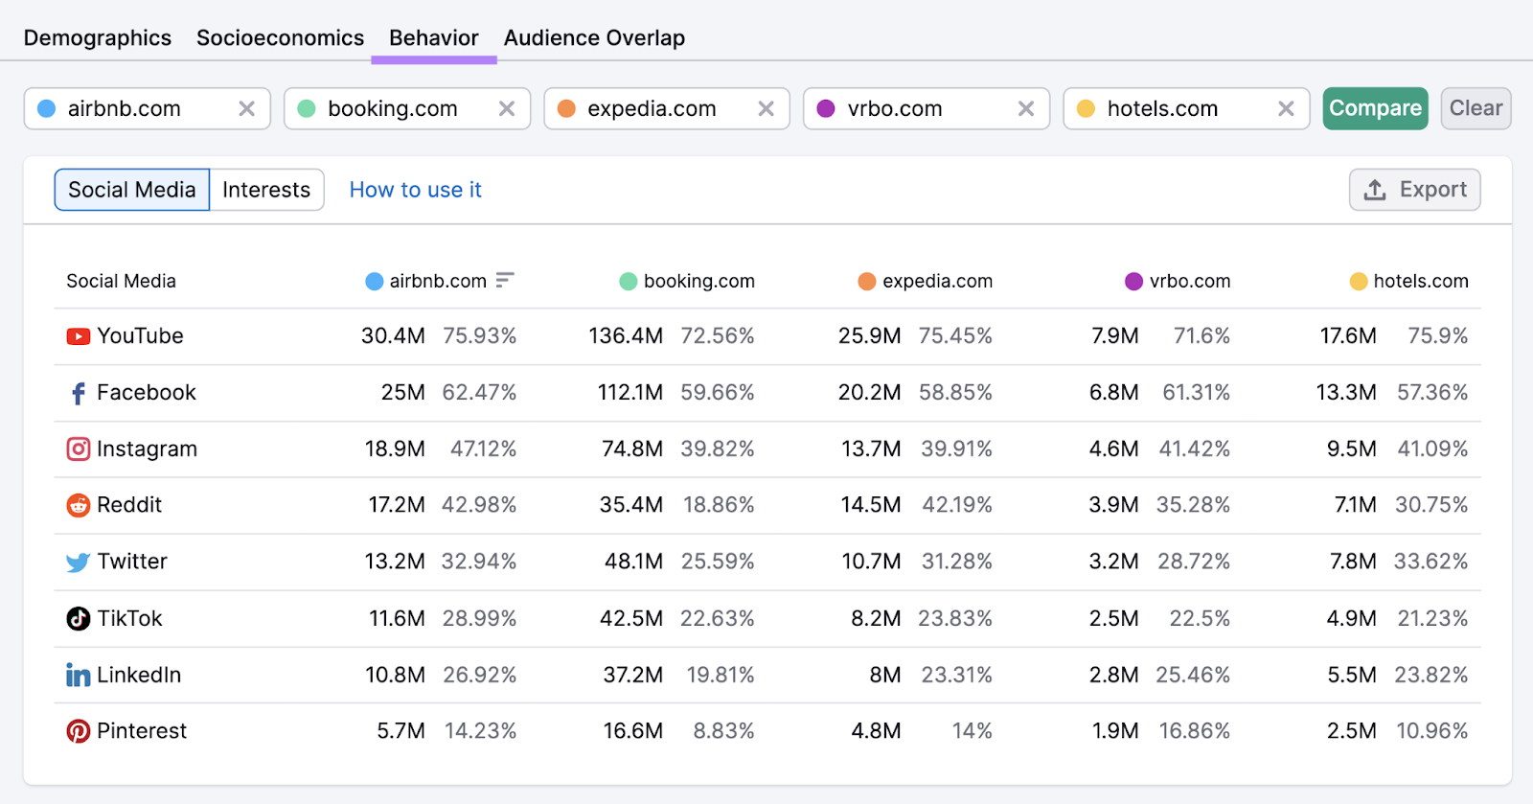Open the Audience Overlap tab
tap(594, 38)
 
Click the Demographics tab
tap(98, 38)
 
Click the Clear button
tap(1476, 108)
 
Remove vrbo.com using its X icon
tap(1026, 109)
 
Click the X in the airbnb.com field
tap(246, 109)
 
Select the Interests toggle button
tap(266, 190)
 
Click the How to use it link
tap(415, 190)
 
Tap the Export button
tap(1414, 190)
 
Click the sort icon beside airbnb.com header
tap(505, 280)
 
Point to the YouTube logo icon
tap(78, 336)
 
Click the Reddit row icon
tap(78, 505)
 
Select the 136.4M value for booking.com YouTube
tap(626, 336)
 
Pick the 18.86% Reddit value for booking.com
tap(719, 505)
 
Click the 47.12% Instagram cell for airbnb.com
tap(483, 448)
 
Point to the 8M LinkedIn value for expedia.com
tap(884, 675)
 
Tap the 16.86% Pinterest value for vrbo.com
tap(1194, 731)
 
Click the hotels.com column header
tap(1409, 281)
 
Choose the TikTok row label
tap(129, 618)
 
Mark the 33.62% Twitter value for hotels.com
tap(1430, 562)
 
